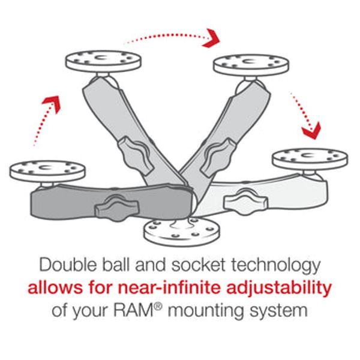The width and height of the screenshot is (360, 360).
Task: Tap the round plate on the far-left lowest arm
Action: click(x=49, y=168)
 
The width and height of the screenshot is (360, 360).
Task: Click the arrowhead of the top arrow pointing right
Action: click(x=211, y=39)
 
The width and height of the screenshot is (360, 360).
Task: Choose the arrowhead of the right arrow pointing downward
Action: click(x=311, y=127)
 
